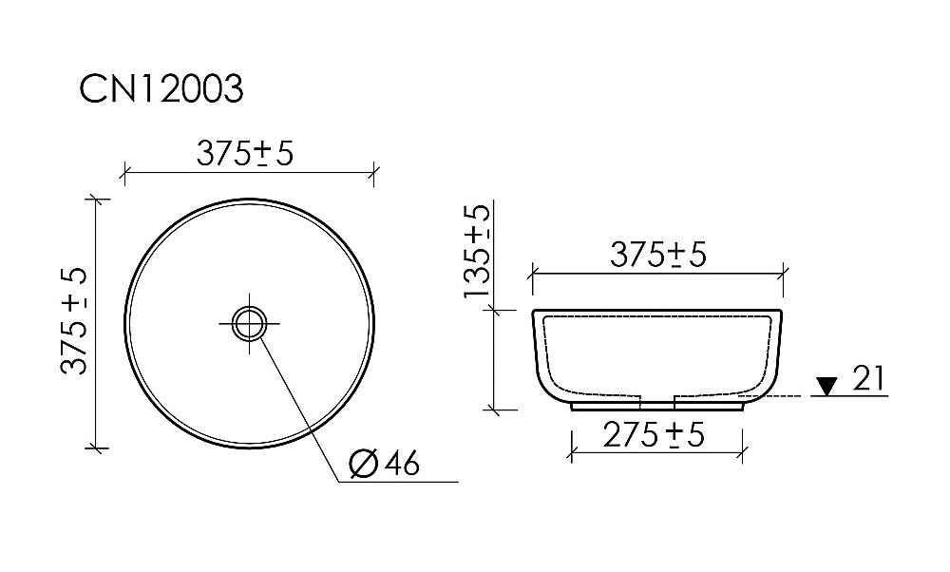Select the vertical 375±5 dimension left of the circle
(75, 320)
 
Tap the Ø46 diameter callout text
(384, 464)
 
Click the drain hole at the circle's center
(250, 323)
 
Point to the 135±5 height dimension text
(478, 252)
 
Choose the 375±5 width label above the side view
(657, 255)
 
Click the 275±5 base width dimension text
(655, 435)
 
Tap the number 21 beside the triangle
(868, 379)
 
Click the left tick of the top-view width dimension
(125, 173)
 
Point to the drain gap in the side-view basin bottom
(657, 396)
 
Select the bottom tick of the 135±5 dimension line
(494, 410)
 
